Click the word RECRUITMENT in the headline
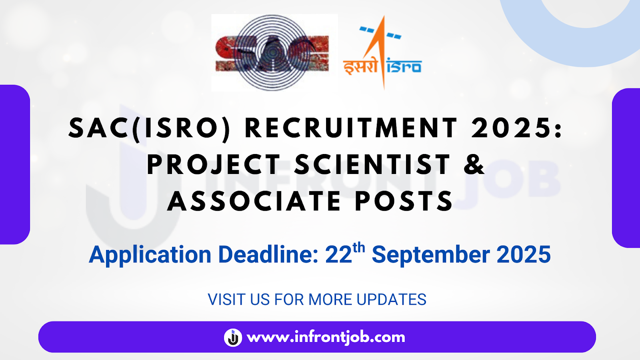[x=351, y=128]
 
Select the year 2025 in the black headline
[x=513, y=128]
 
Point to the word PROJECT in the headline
[x=214, y=164]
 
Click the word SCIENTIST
[x=372, y=164]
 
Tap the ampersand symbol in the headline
[x=474, y=164]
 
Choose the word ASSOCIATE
[x=254, y=201]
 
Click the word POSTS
[x=404, y=201]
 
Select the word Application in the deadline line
[x=150, y=255]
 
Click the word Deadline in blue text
[x=268, y=255]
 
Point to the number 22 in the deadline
[x=338, y=255]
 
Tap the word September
[x=431, y=255]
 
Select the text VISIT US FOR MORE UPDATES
[x=317, y=300]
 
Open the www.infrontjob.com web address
[x=326, y=337]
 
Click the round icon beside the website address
[x=233, y=337]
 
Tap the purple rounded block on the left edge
[x=15, y=164]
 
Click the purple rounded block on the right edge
[x=626, y=168]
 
